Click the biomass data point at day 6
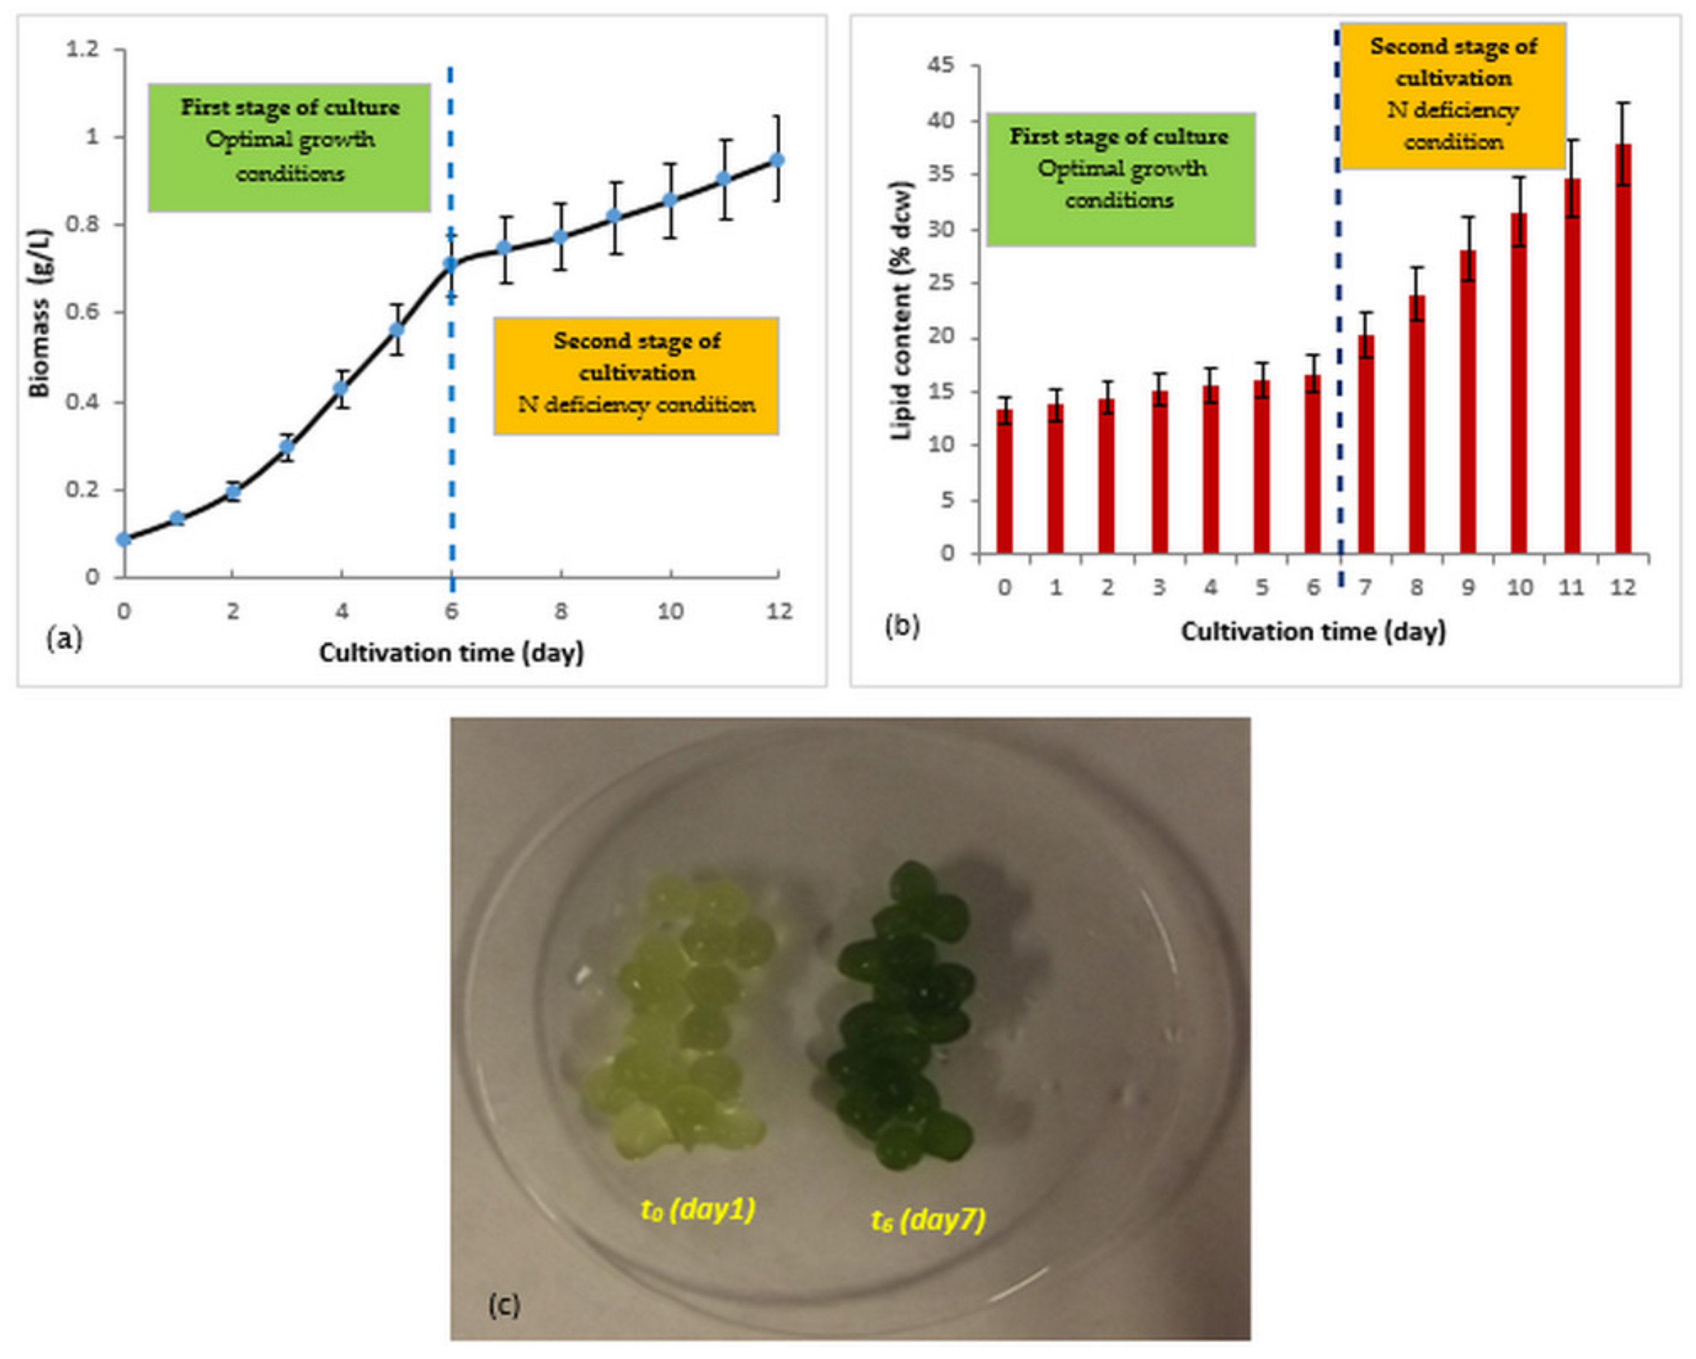(x=451, y=264)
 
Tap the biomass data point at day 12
(x=777, y=160)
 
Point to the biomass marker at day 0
(x=124, y=539)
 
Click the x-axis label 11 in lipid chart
(x=1571, y=588)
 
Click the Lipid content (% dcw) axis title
(x=902, y=311)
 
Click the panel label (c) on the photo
(x=503, y=1305)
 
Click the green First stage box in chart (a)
(x=290, y=148)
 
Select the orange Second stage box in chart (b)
(x=1452, y=95)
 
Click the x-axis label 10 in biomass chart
(x=670, y=611)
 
